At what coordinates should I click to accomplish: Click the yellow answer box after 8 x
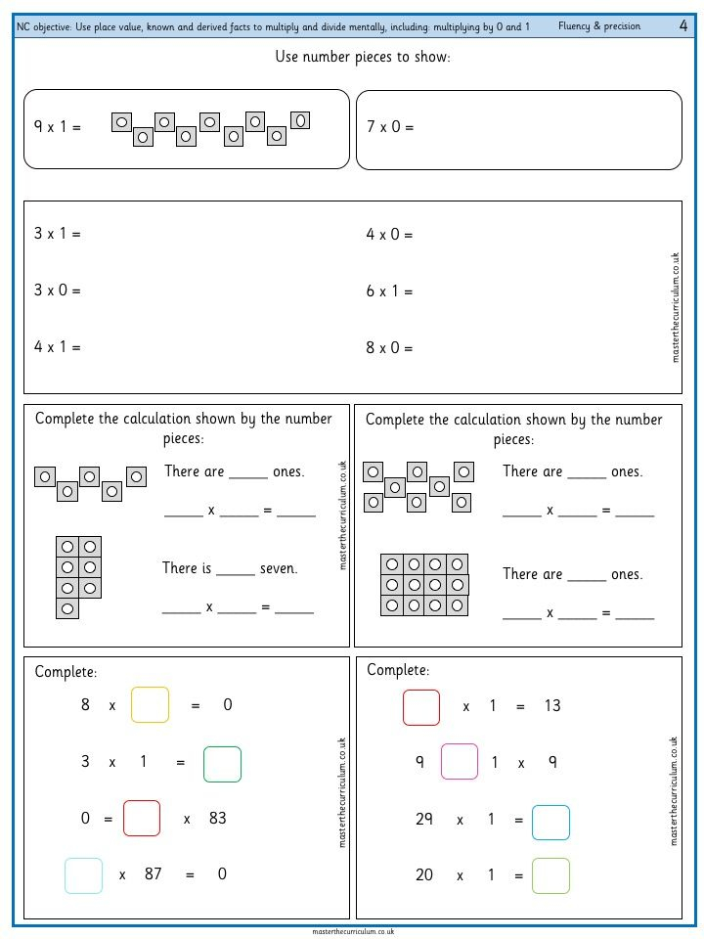pos(150,704)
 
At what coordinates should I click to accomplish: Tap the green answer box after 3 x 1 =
pos(222,764)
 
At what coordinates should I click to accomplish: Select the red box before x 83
pos(142,818)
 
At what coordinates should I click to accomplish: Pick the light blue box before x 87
pos(83,874)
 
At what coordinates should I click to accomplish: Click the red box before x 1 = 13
pos(421,706)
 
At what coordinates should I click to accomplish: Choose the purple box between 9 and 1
pos(460,762)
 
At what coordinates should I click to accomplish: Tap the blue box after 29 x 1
pos(550,822)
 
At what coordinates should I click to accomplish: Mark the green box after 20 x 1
pos(550,875)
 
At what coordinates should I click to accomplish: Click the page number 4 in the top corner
pos(682,25)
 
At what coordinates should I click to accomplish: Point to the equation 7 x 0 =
pos(390,127)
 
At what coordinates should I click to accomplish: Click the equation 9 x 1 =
pos(58,127)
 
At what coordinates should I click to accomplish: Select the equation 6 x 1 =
pos(390,291)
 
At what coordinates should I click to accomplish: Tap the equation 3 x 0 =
pos(58,291)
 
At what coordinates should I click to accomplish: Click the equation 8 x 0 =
pos(390,347)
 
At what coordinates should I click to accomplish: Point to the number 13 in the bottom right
pos(552,705)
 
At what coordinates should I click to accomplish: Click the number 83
pos(217,818)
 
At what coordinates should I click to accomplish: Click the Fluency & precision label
pos(600,26)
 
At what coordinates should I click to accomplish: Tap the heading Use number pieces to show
pos(363,58)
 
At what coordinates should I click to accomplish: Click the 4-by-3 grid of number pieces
pos(424,585)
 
